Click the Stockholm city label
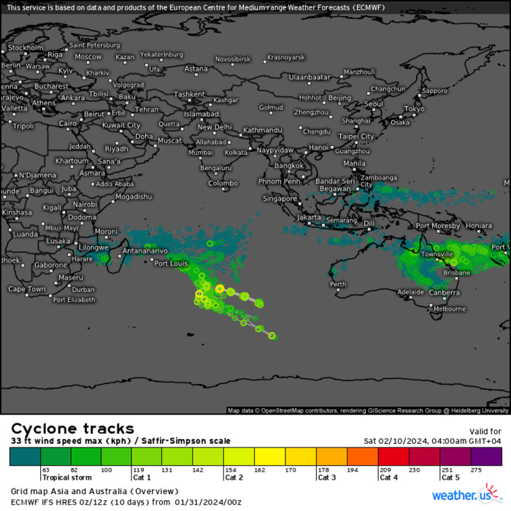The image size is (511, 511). pos(26,47)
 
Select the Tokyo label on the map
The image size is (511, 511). pos(414,109)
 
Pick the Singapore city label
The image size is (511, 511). pos(280,198)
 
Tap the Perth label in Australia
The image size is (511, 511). pos(338,285)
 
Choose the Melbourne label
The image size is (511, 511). pos(449,309)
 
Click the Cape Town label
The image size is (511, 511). pos(27,289)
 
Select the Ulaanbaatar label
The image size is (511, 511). pos(310,77)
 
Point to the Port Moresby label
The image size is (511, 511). pos(438,226)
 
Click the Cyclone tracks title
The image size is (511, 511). pos(72,429)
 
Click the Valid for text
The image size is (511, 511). pos(484,431)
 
